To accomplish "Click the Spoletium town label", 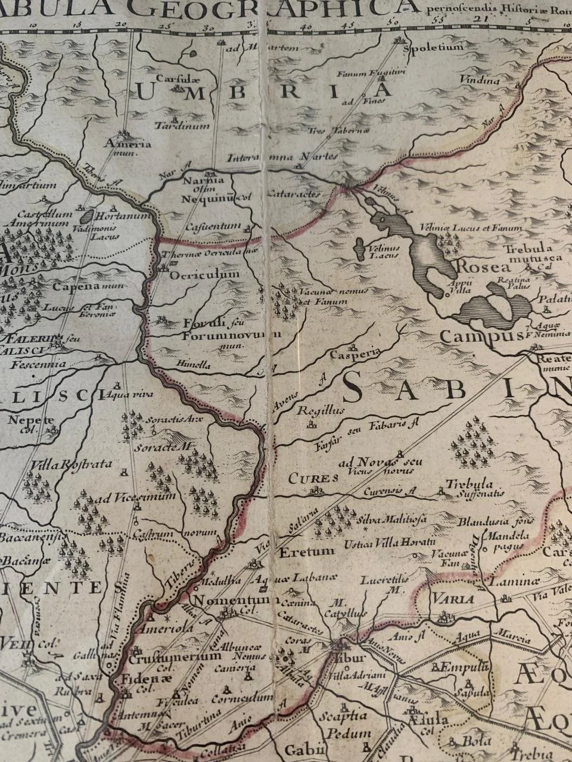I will [425, 46].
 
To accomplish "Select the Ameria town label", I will [126, 143].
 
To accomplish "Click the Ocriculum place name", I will [204, 274].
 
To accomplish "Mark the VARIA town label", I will [453, 598].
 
